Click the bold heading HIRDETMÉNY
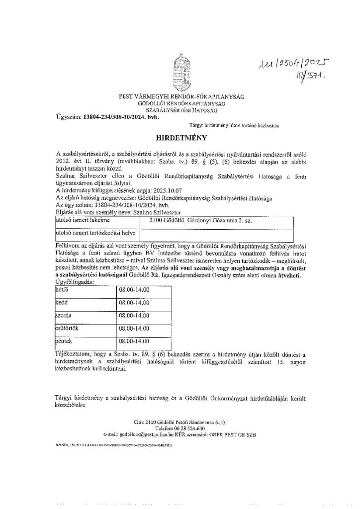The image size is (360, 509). click(x=179, y=135)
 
